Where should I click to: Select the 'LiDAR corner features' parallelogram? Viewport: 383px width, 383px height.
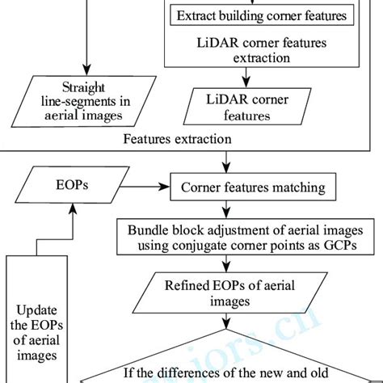click(x=246, y=107)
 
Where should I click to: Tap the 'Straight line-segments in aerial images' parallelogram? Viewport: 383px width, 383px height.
click(x=83, y=101)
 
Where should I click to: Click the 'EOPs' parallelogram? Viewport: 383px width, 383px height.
click(x=68, y=187)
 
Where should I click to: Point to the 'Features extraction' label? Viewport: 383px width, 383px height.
click(x=177, y=139)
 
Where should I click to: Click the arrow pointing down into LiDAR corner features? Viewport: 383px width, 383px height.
click(x=249, y=78)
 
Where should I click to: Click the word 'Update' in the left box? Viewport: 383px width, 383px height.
click(x=39, y=309)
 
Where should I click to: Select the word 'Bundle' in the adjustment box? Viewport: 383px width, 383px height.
click(x=146, y=229)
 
